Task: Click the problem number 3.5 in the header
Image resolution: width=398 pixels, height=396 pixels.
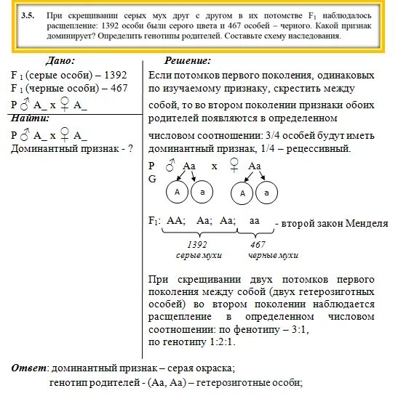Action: (28, 15)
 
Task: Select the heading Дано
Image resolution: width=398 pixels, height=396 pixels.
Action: (60, 62)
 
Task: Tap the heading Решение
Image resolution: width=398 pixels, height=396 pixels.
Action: (188, 62)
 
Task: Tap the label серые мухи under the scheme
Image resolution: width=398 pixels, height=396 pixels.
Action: (198, 256)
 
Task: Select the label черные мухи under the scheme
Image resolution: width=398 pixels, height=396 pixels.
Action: (273, 256)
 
